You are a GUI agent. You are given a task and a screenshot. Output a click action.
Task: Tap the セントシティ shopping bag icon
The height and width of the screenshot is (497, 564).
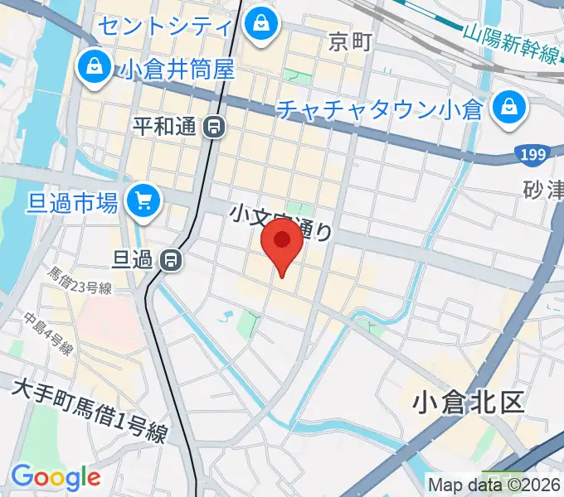tap(261, 22)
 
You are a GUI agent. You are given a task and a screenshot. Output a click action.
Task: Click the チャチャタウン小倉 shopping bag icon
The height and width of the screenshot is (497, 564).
tap(505, 107)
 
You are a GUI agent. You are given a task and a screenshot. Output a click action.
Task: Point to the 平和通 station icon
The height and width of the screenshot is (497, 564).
tap(214, 127)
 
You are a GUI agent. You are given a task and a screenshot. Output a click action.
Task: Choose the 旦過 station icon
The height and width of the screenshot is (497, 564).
tap(172, 260)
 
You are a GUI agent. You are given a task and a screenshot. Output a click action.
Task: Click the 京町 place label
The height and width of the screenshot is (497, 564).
tap(349, 42)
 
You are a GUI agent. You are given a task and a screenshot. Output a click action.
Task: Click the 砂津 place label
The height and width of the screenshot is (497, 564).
tap(543, 191)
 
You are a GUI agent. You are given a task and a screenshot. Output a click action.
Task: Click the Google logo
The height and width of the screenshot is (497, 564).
tap(56, 477)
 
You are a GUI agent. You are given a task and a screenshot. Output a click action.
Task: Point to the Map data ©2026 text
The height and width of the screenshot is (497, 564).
tap(494, 484)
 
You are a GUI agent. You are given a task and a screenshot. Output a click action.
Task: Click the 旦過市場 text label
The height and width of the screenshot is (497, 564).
tap(71, 200)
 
